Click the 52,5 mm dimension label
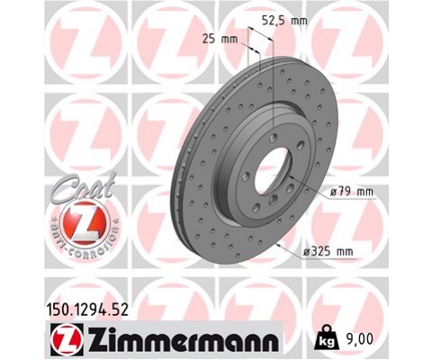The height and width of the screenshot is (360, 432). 284,21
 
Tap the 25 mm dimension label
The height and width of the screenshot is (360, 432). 220,39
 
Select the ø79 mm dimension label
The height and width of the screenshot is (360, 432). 352,192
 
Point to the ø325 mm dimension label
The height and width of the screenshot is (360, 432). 328,251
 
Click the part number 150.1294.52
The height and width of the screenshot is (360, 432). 87,310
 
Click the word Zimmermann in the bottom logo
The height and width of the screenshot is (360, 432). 183,340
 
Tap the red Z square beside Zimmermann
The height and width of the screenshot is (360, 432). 67,339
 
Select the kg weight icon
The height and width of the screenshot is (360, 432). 326,338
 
